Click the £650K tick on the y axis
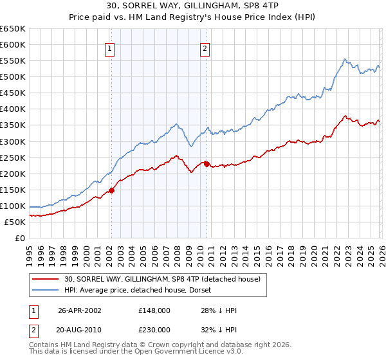[x=13, y=29]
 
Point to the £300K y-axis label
[x=13, y=141]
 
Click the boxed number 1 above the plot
[x=110, y=48]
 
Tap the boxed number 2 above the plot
[x=205, y=48]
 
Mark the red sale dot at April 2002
[x=111, y=190]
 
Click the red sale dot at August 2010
[x=207, y=164]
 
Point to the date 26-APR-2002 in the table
[x=80, y=310]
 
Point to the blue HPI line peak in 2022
[x=345, y=59]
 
